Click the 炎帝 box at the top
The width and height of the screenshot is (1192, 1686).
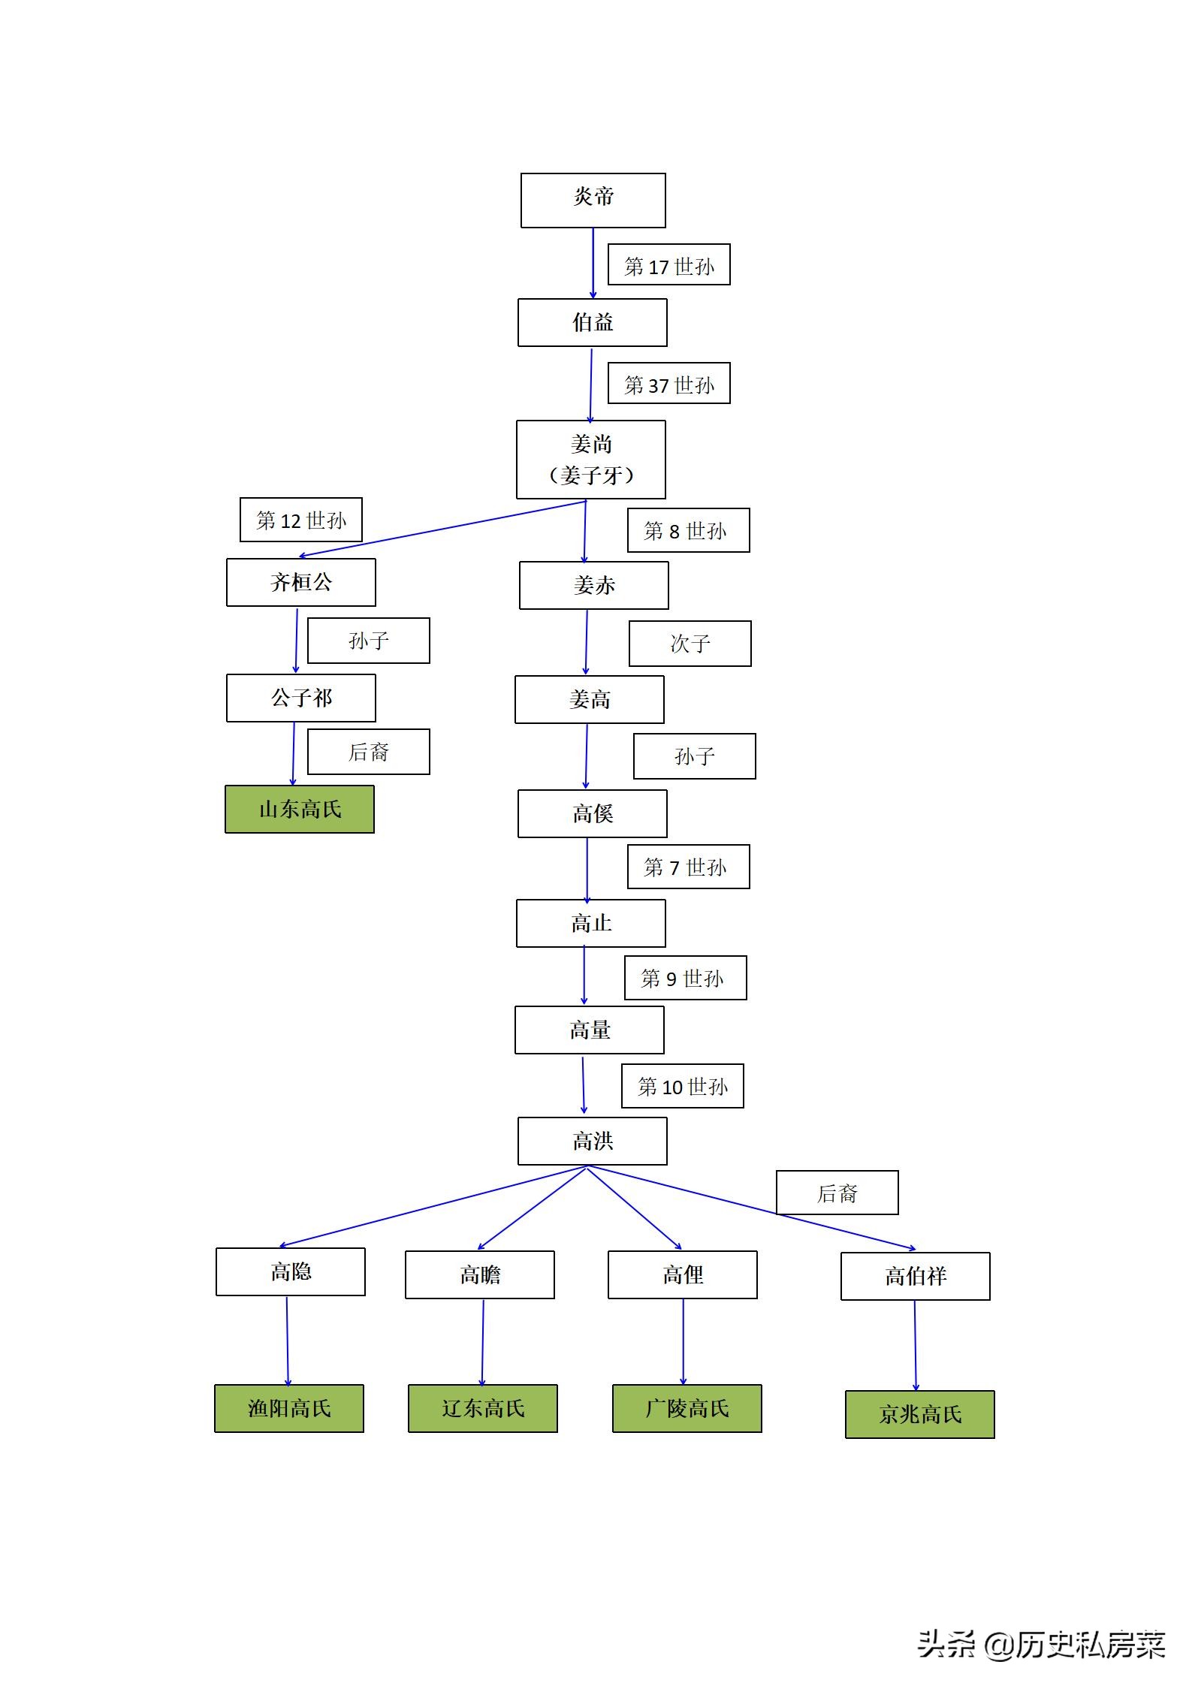click(x=593, y=200)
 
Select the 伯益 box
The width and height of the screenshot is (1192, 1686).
click(x=592, y=322)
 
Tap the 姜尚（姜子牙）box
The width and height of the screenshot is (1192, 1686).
click(x=590, y=459)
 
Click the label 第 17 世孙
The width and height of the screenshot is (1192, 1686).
click(x=668, y=264)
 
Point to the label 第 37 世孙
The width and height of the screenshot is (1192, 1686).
click(x=668, y=383)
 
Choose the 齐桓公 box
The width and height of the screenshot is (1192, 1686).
click(x=300, y=582)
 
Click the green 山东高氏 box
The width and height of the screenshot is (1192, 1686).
click(x=299, y=809)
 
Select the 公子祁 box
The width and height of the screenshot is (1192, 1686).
click(x=300, y=698)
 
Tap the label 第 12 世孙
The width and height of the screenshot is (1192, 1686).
click(x=300, y=519)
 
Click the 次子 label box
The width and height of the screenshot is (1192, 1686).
click(x=690, y=643)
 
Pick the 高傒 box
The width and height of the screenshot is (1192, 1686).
click(x=592, y=813)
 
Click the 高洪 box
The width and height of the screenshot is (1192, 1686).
click(x=592, y=1141)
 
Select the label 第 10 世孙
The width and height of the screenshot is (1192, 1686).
click(x=682, y=1085)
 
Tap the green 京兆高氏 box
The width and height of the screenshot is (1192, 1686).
click(x=919, y=1414)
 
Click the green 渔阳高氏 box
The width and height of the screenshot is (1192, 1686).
click(x=288, y=1408)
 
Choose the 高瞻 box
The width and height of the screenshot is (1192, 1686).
click(x=479, y=1274)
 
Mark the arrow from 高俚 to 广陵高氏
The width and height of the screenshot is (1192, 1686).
click(x=683, y=1341)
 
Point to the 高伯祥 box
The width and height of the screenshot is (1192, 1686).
click(x=915, y=1276)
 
